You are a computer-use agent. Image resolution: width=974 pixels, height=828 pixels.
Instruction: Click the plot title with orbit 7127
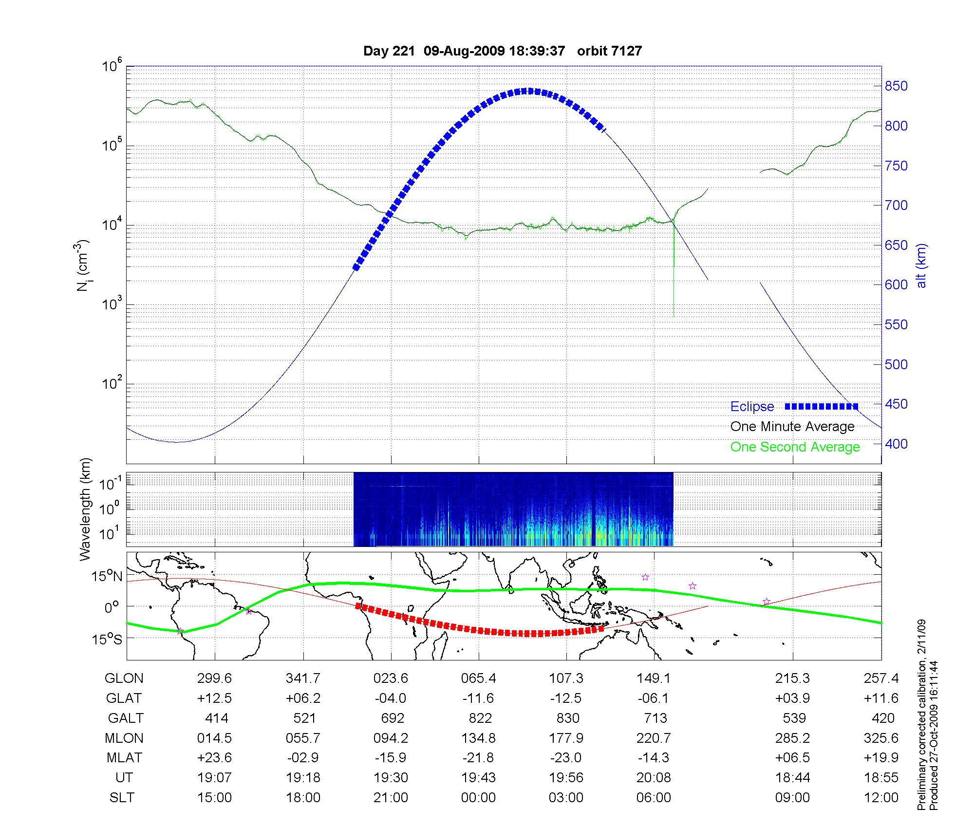click(503, 51)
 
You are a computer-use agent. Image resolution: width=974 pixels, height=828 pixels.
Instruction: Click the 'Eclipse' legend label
click(752, 407)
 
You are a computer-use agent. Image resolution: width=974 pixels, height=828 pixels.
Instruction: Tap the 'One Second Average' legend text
click(795, 447)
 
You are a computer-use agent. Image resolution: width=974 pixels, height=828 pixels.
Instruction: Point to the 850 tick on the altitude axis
click(897, 86)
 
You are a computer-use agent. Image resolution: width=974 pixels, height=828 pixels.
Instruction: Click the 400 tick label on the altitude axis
click(897, 444)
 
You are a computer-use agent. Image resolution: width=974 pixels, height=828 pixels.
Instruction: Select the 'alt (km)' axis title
click(921, 265)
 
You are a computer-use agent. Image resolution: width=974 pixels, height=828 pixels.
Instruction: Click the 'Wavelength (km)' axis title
click(85, 509)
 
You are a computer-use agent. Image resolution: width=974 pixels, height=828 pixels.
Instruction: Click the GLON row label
click(124, 678)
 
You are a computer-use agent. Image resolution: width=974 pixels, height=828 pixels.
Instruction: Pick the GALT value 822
click(478, 718)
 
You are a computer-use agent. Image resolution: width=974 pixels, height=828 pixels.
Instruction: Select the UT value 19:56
click(566, 778)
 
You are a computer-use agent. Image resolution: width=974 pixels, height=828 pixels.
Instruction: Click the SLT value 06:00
click(654, 798)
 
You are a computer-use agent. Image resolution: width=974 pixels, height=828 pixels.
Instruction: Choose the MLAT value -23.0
click(566, 758)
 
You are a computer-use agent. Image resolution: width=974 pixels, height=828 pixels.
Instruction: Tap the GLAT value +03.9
click(792, 698)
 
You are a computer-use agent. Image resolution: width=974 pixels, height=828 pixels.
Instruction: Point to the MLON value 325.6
click(881, 738)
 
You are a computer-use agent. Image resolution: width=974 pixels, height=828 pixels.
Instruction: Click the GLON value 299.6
click(214, 678)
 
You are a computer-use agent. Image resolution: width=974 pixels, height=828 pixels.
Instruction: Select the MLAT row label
click(124, 758)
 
